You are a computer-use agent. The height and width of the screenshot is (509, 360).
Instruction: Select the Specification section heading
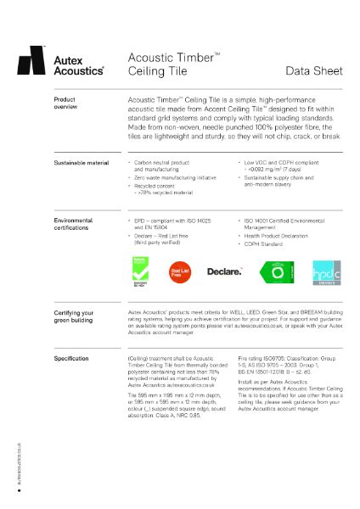(71, 359)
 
